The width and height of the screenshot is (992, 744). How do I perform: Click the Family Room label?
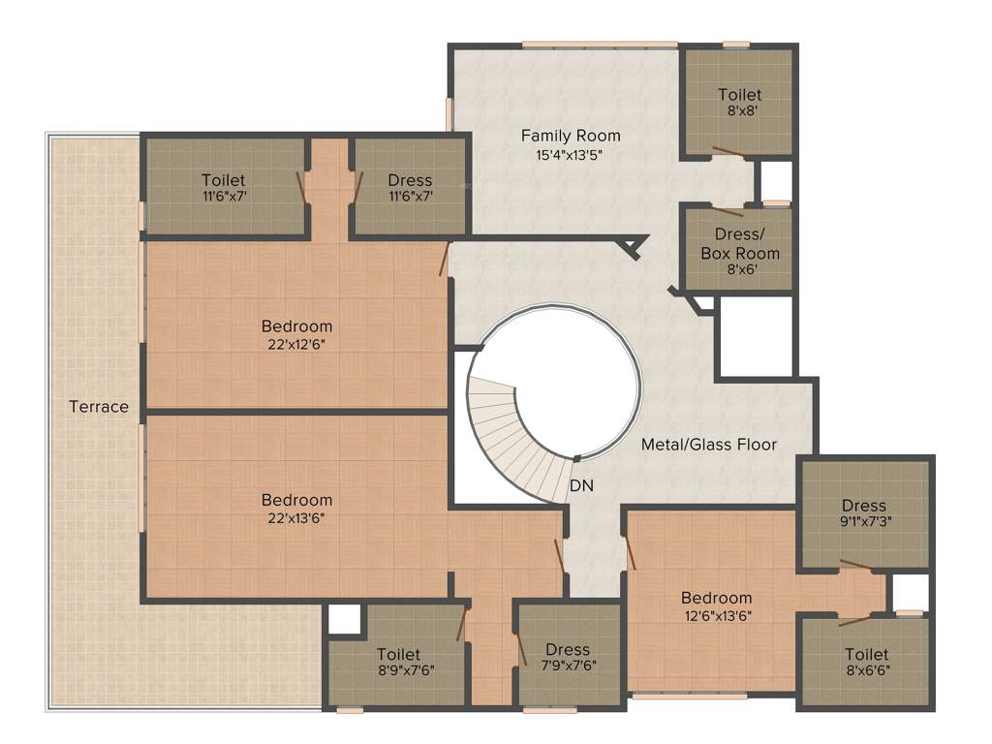[x=571, y=136]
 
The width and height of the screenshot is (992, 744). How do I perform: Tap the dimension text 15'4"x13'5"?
[x=571, y=154]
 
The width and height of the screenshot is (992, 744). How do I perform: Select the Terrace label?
[x=99, y=407]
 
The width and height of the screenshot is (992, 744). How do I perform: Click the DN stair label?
[x=581, y=484]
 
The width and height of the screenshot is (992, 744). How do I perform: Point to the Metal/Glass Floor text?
[x=709, y=445]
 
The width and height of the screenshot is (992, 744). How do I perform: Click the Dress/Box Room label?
[x=740, y=243]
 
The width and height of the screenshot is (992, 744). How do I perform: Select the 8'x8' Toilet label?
[x=739, y=95]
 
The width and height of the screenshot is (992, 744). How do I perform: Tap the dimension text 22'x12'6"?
[x=296, y=344]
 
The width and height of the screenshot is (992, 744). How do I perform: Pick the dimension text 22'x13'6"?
[x=296, y=518]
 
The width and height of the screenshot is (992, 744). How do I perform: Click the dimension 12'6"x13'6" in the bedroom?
[x=716, y=615]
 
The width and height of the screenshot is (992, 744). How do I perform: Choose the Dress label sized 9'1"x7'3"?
[x=863, y=506]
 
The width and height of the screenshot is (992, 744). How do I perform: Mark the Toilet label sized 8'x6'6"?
[x=866, y=655]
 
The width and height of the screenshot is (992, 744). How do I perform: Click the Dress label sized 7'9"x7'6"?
[x=568, y=650]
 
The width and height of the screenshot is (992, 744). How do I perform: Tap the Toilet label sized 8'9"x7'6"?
[x=398, y=655]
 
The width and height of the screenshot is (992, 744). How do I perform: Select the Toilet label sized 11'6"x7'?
[x=223, y=180]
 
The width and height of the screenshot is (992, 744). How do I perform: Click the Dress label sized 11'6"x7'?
[x=410, y=180]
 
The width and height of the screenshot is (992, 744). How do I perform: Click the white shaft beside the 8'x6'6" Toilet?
[x=910, y=592]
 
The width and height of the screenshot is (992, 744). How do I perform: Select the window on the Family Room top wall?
[x=599, y=44]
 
